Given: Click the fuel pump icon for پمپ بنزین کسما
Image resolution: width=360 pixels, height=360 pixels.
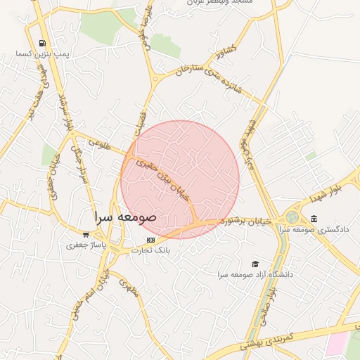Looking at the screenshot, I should [43, 43].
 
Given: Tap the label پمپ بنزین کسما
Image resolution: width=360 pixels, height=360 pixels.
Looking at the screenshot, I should [44, 54].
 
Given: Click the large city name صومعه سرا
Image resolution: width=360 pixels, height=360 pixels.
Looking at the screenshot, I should [126, 217].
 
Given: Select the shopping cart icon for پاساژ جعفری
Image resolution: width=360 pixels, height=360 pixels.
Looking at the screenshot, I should [86, 235].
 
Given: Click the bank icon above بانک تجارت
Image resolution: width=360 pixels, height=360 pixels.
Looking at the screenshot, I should [150, 240].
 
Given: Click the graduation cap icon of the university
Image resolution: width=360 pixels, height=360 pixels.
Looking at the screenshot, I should [255, 263].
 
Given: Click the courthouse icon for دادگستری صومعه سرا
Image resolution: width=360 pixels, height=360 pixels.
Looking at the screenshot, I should [313, 219].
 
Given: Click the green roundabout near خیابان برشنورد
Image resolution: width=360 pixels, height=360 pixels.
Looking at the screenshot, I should [292, 217].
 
